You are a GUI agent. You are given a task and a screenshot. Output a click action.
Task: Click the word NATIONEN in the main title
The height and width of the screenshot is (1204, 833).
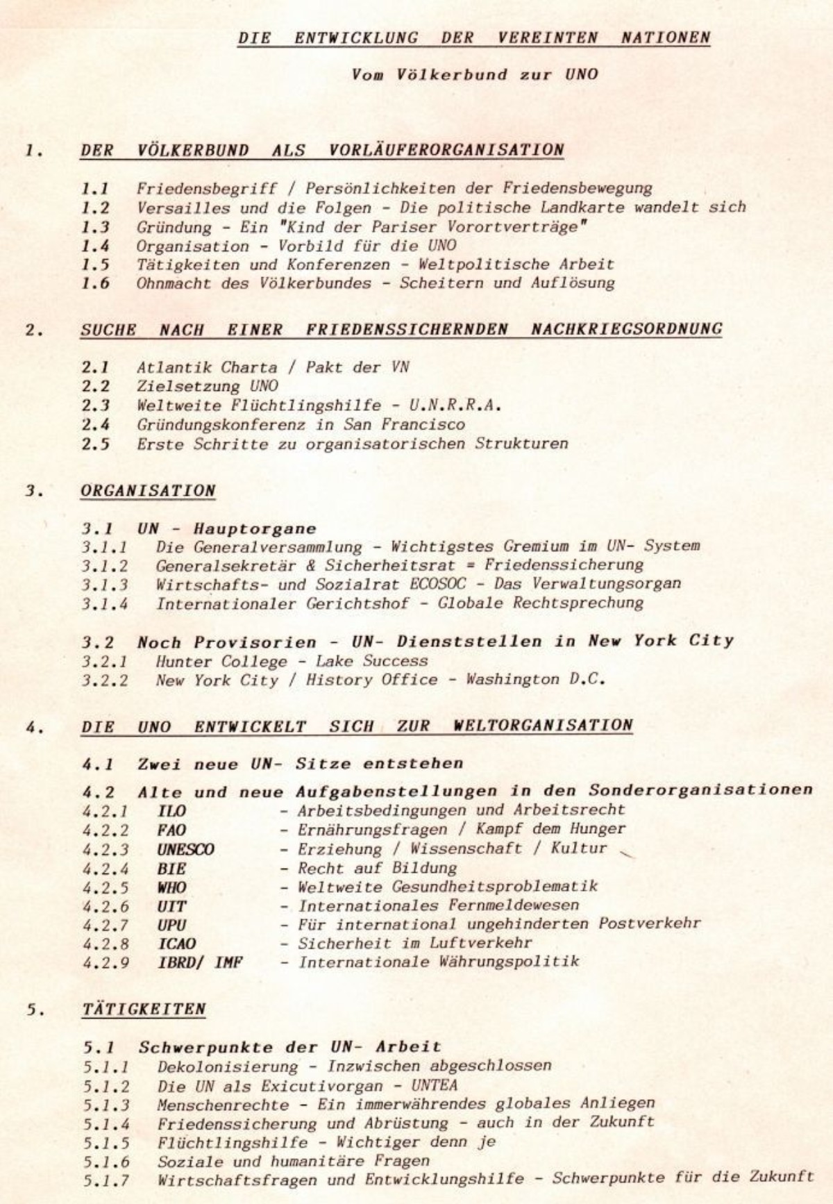tap(665, 37)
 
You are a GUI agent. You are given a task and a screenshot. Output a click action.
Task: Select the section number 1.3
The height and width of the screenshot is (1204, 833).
tap(95, 227)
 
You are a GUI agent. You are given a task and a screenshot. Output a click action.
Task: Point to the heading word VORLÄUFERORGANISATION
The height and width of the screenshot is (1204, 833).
tap(446, 150)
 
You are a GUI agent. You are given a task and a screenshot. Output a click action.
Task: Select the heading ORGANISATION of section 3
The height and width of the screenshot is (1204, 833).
tap(148, 490)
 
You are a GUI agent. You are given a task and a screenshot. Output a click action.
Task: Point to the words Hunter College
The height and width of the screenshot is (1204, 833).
tap(221, 661)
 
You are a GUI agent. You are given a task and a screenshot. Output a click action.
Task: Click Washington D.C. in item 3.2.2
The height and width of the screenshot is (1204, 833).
tap(535, 680)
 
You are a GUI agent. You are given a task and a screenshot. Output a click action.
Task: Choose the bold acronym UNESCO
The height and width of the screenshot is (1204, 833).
tap(185, 849)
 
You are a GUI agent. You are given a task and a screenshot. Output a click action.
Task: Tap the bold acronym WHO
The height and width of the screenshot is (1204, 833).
tap(171, 887)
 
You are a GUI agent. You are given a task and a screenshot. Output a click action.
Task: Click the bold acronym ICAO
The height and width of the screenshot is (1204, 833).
tap(176, 944)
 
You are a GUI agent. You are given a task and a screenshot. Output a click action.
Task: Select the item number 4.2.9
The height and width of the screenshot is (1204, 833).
tap(106, 963)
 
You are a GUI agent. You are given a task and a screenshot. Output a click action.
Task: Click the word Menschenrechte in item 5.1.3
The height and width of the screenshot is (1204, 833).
tap(222, 1103)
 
